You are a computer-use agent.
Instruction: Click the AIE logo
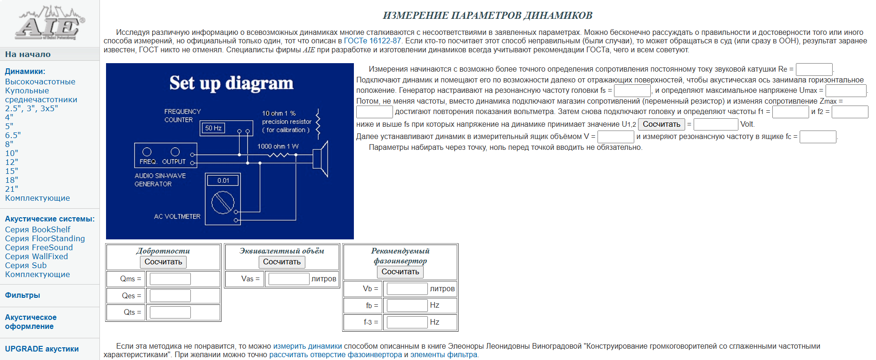pyautogui.click(x=49, y=24)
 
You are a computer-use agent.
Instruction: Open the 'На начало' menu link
pyautogui.click(x=28, y=54)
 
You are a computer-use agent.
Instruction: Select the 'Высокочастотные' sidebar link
pyautogui.click(x=40, y=82)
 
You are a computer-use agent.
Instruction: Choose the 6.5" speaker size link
pyautogui.click(x=13, y=135)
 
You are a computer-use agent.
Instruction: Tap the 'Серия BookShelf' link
pyautogui.click(x=38, y=229)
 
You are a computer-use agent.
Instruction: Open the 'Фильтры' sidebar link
pyautogui.click(x=23, y=295)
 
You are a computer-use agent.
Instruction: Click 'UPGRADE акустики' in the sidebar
pyautogui.click(x=42, y=349)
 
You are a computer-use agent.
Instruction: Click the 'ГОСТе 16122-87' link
pyautogui.click(x=372, y=41)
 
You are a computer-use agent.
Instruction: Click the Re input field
pyautogui.click(x=814, y=69)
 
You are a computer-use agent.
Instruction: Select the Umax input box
pyautogui.click(x=845, y=90)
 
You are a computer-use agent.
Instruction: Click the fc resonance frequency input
pyautogui.click(x=818, y=137)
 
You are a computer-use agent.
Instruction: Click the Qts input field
pyautogui.click(x=170, y=312)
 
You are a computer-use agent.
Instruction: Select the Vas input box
pyautogui.click(x=288, y=279)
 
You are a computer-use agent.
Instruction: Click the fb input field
pyautogui.click(x=407, y=305)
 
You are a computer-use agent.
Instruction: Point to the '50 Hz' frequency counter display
pyautogui.click(x=213, y=128)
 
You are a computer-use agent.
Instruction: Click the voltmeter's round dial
pyautogui.click(x=222, y=203)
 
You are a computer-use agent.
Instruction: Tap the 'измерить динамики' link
pyautogui.click(x=307, y=346)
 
